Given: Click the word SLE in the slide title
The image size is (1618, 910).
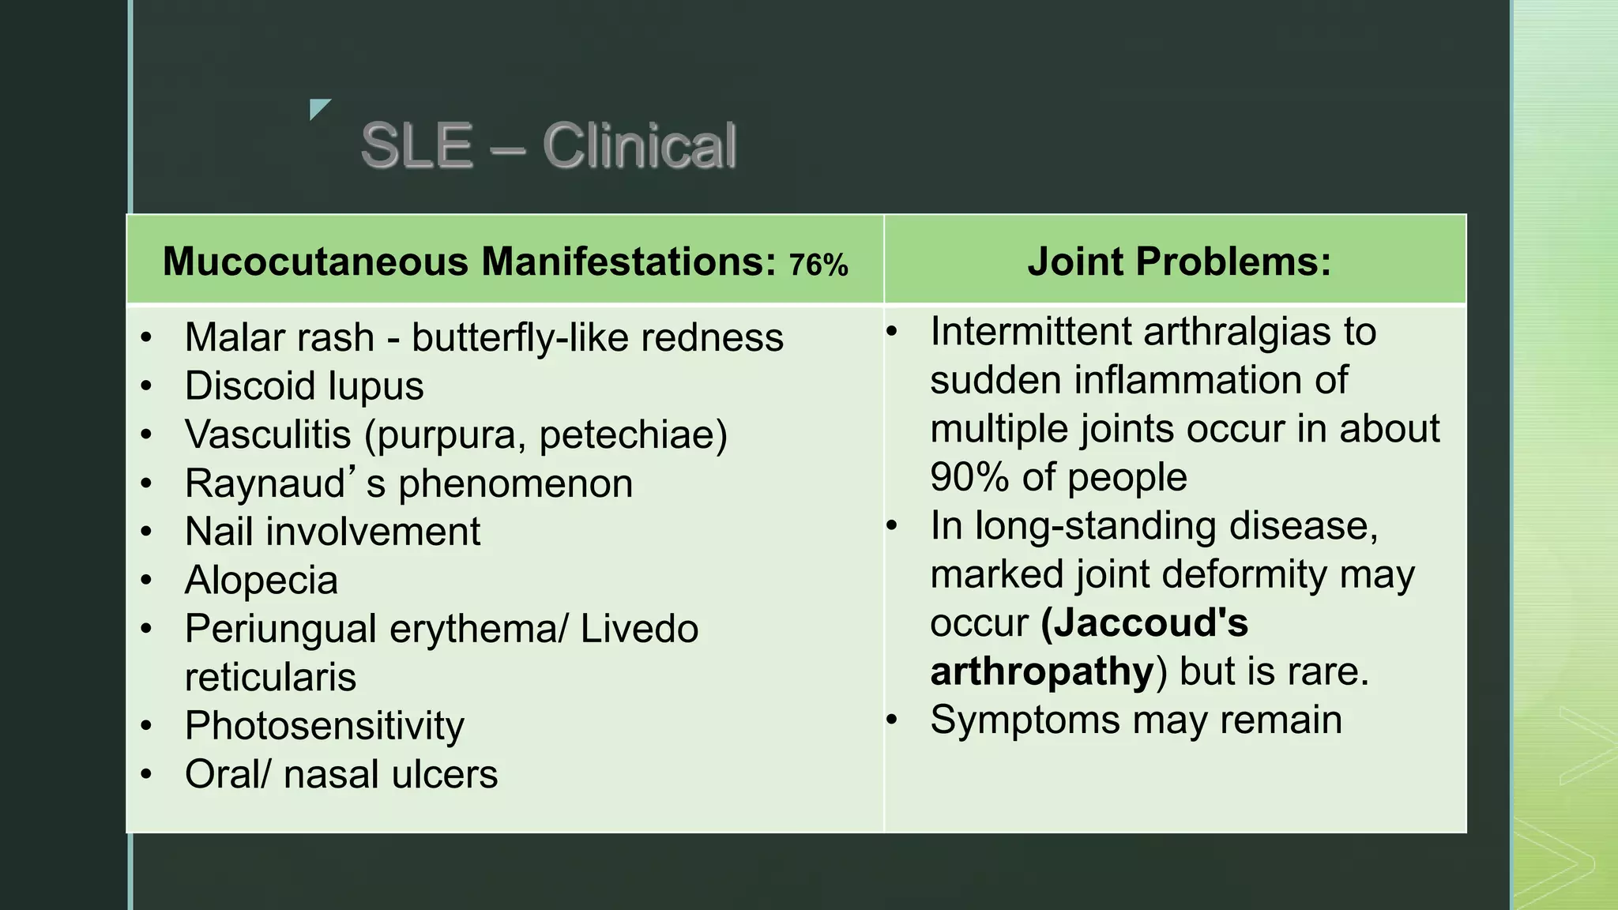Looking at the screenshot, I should pyautogui.click(x=416, y=146).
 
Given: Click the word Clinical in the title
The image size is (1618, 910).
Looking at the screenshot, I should pyautogui.click(x=639, y=146).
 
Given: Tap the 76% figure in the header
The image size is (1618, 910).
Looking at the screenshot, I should pyautogui.click(x=818, y=265).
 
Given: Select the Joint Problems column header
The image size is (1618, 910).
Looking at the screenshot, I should pyautogui.click(x=1179, y=261).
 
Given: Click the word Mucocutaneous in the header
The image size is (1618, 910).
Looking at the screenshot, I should pyautogui.click(x=315, y=261).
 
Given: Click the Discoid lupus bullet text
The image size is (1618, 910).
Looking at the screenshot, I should pyautogui.click(x=304, y=386).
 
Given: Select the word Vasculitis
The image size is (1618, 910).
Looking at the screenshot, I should pyautogui.click(x=268, y=434).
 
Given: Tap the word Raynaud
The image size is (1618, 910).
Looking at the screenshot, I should pyautogui.click(x=265, y=483).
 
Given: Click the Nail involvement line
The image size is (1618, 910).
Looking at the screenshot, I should pyautogui.click(x=333, y=532).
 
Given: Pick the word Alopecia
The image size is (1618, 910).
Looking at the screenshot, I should pyautogui.click(x=262, y=581).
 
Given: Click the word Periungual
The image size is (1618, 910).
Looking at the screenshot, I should pyautogui.click(x=280, y=629).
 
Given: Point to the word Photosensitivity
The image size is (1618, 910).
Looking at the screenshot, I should pyautogui.click(x=325, y=726).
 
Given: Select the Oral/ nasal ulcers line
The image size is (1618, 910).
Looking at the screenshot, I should pyautogui.click(x=341, y=774).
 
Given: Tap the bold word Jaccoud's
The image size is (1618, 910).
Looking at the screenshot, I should pyautogui.click(x=1145, y=622).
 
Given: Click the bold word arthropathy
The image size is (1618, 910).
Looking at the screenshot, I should pyautogui.click(x=1042, y=671).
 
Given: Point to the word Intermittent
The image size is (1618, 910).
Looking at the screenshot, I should pyautogui.click(x=1031, y=331).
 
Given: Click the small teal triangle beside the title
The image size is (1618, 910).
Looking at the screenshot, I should pyautogui.click(x=318, y=108).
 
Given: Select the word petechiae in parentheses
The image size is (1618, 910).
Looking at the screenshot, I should pyautogui.click(x=633, y=434).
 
